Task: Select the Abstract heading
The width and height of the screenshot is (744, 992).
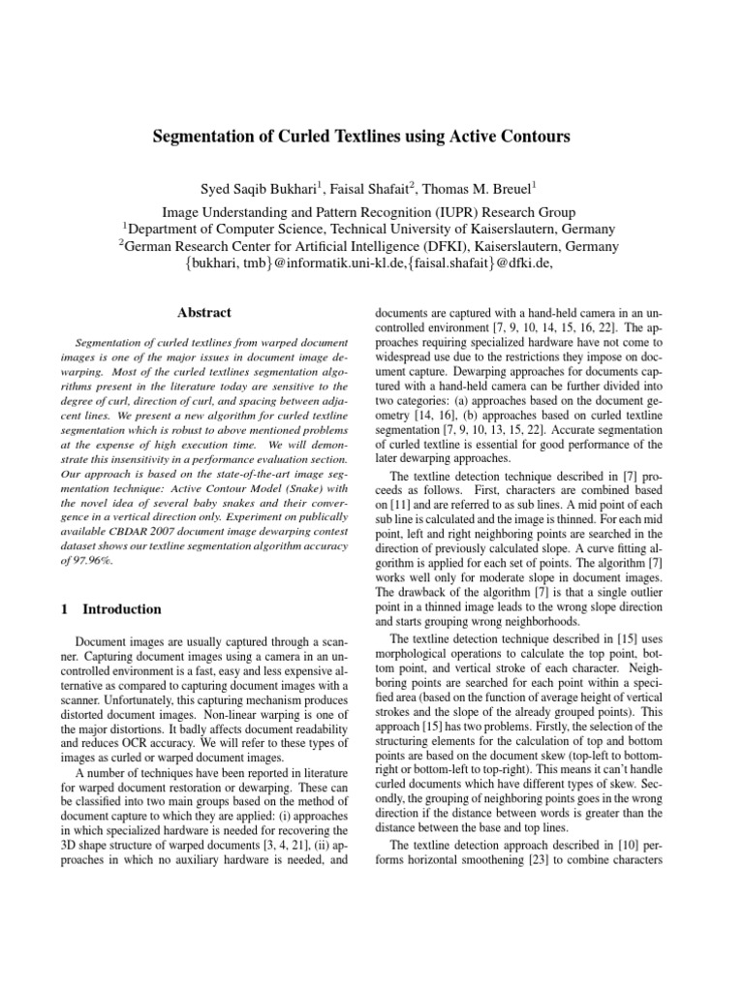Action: pos(204,312)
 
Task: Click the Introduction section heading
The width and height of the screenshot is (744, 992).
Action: pos(122,609)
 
